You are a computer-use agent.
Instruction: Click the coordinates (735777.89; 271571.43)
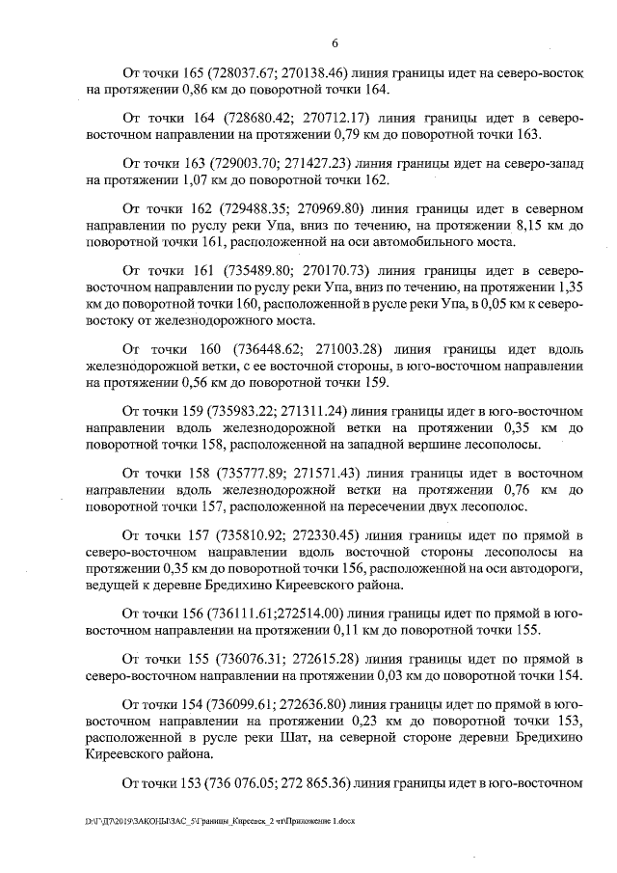click(258, 472)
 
